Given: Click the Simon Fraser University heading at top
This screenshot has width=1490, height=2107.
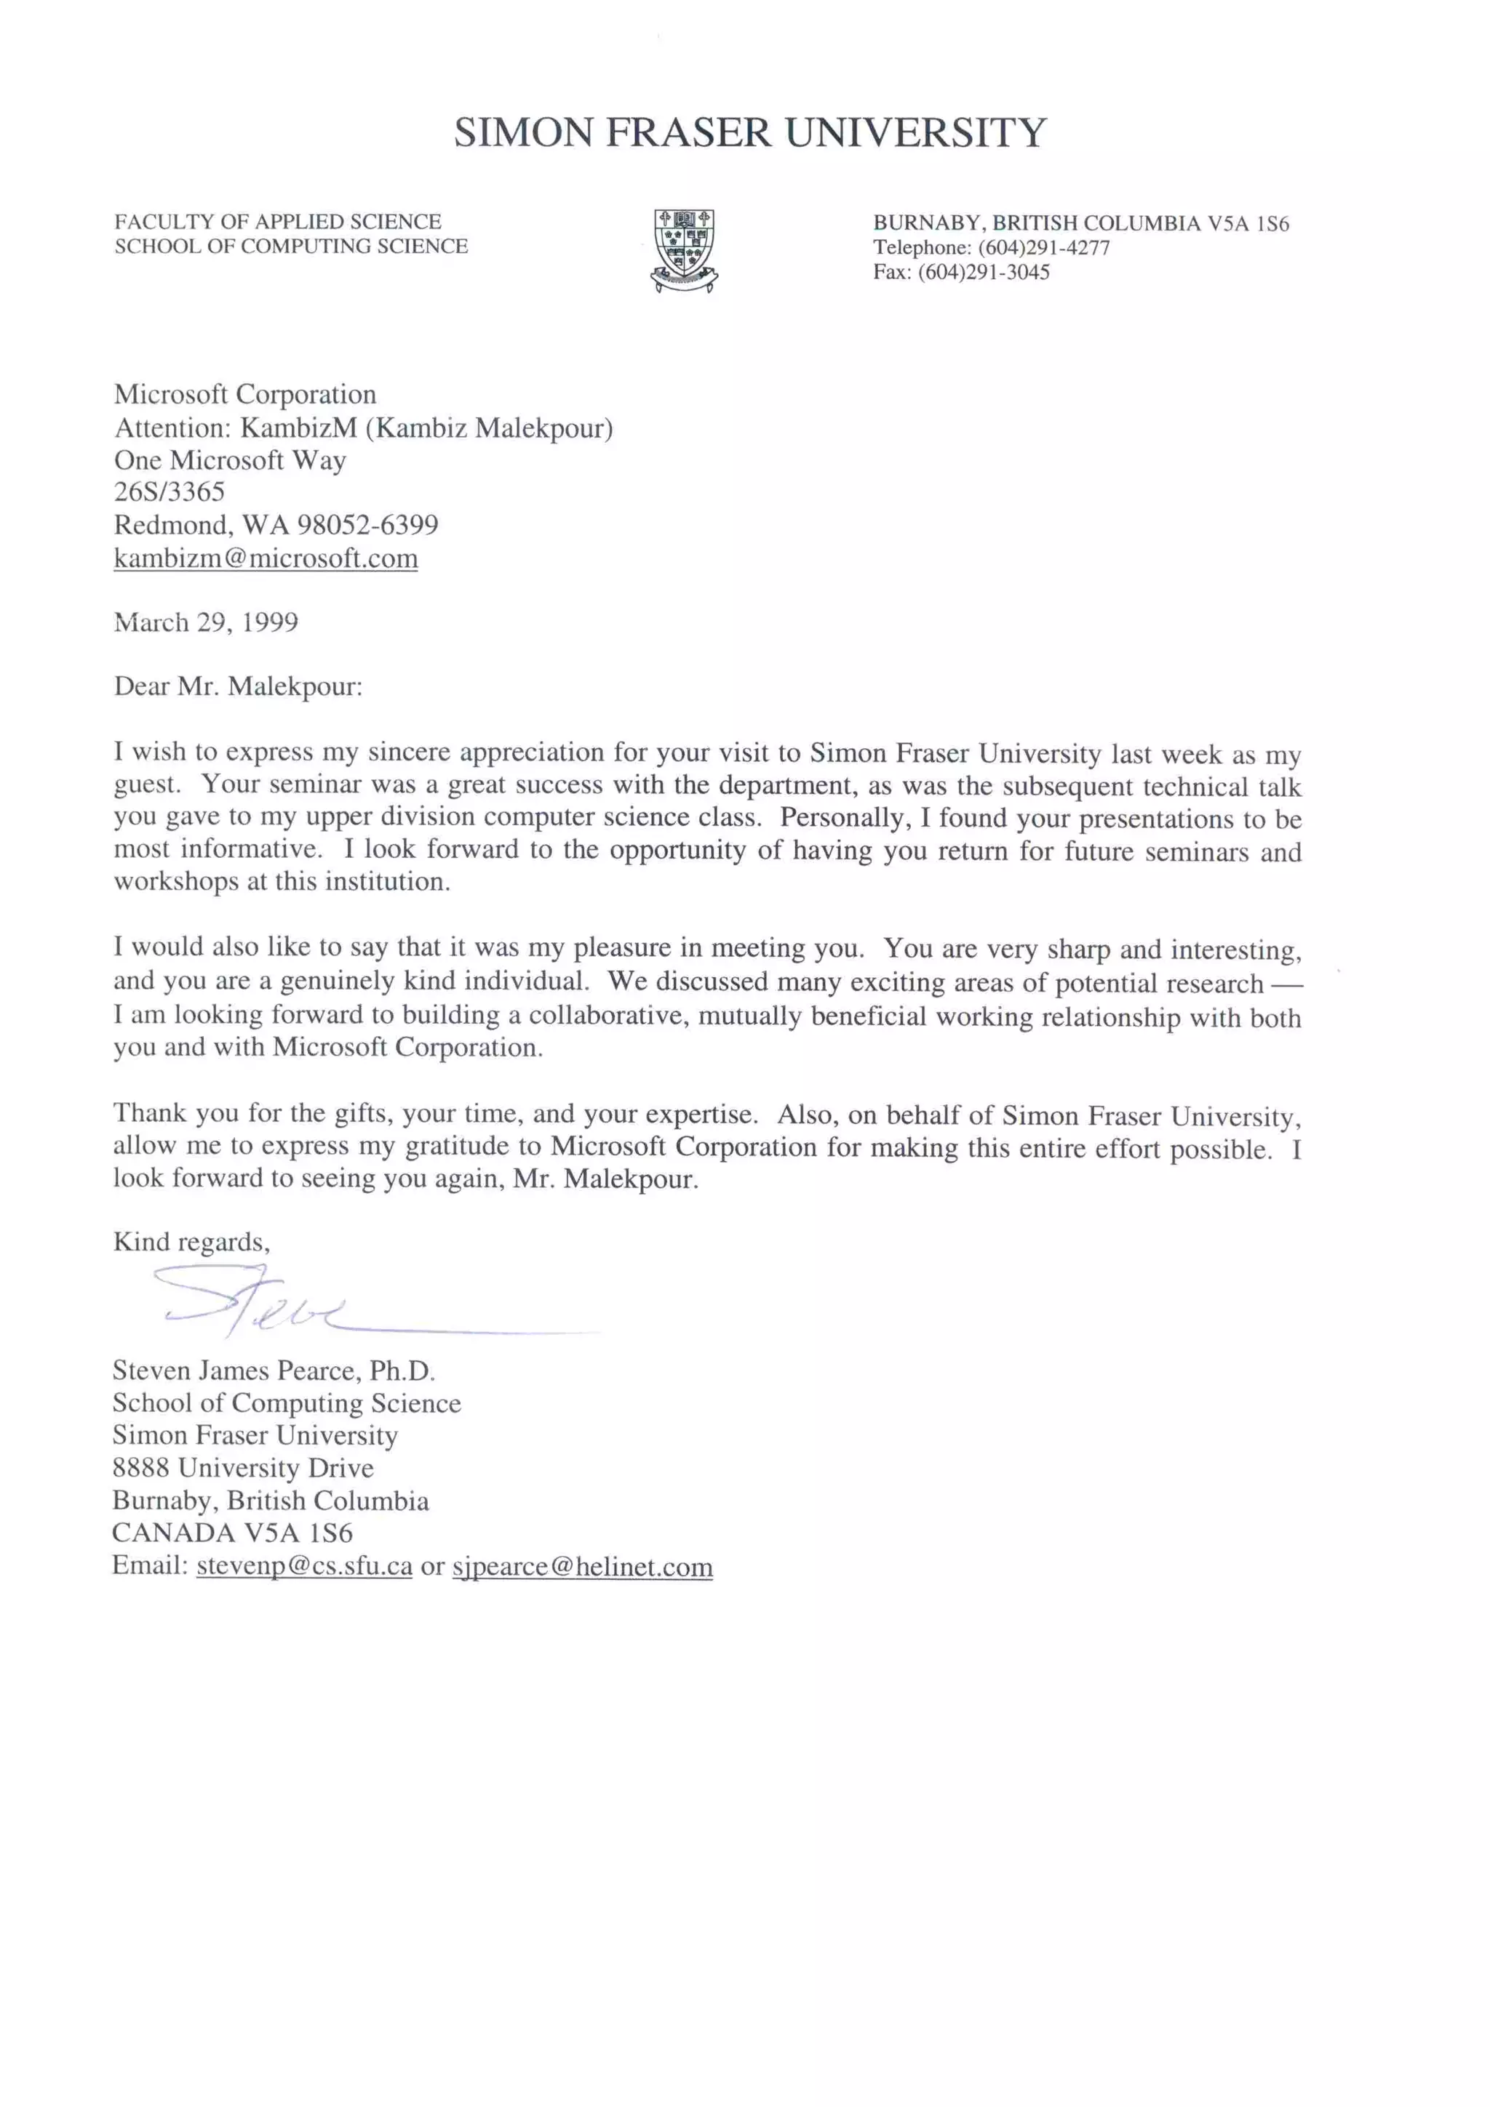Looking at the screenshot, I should tap(749, 132).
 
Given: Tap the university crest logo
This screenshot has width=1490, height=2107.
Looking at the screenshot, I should tap(684, 249).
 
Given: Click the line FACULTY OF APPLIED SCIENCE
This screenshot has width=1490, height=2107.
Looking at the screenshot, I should tap(277, 221).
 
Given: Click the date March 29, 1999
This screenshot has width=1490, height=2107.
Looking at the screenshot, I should tap(206, 622).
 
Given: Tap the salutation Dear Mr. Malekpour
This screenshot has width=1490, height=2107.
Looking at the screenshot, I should tap(238, 686).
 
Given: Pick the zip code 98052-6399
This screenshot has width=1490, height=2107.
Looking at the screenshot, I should tap(367, 525).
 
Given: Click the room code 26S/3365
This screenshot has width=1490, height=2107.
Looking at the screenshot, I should tap(169, 492).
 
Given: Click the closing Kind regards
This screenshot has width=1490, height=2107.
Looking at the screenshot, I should tap(191, 1242).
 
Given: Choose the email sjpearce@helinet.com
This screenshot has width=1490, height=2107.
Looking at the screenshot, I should tap(582, 1567).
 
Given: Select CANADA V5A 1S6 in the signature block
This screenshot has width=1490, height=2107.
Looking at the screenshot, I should tap(231, 1533).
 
